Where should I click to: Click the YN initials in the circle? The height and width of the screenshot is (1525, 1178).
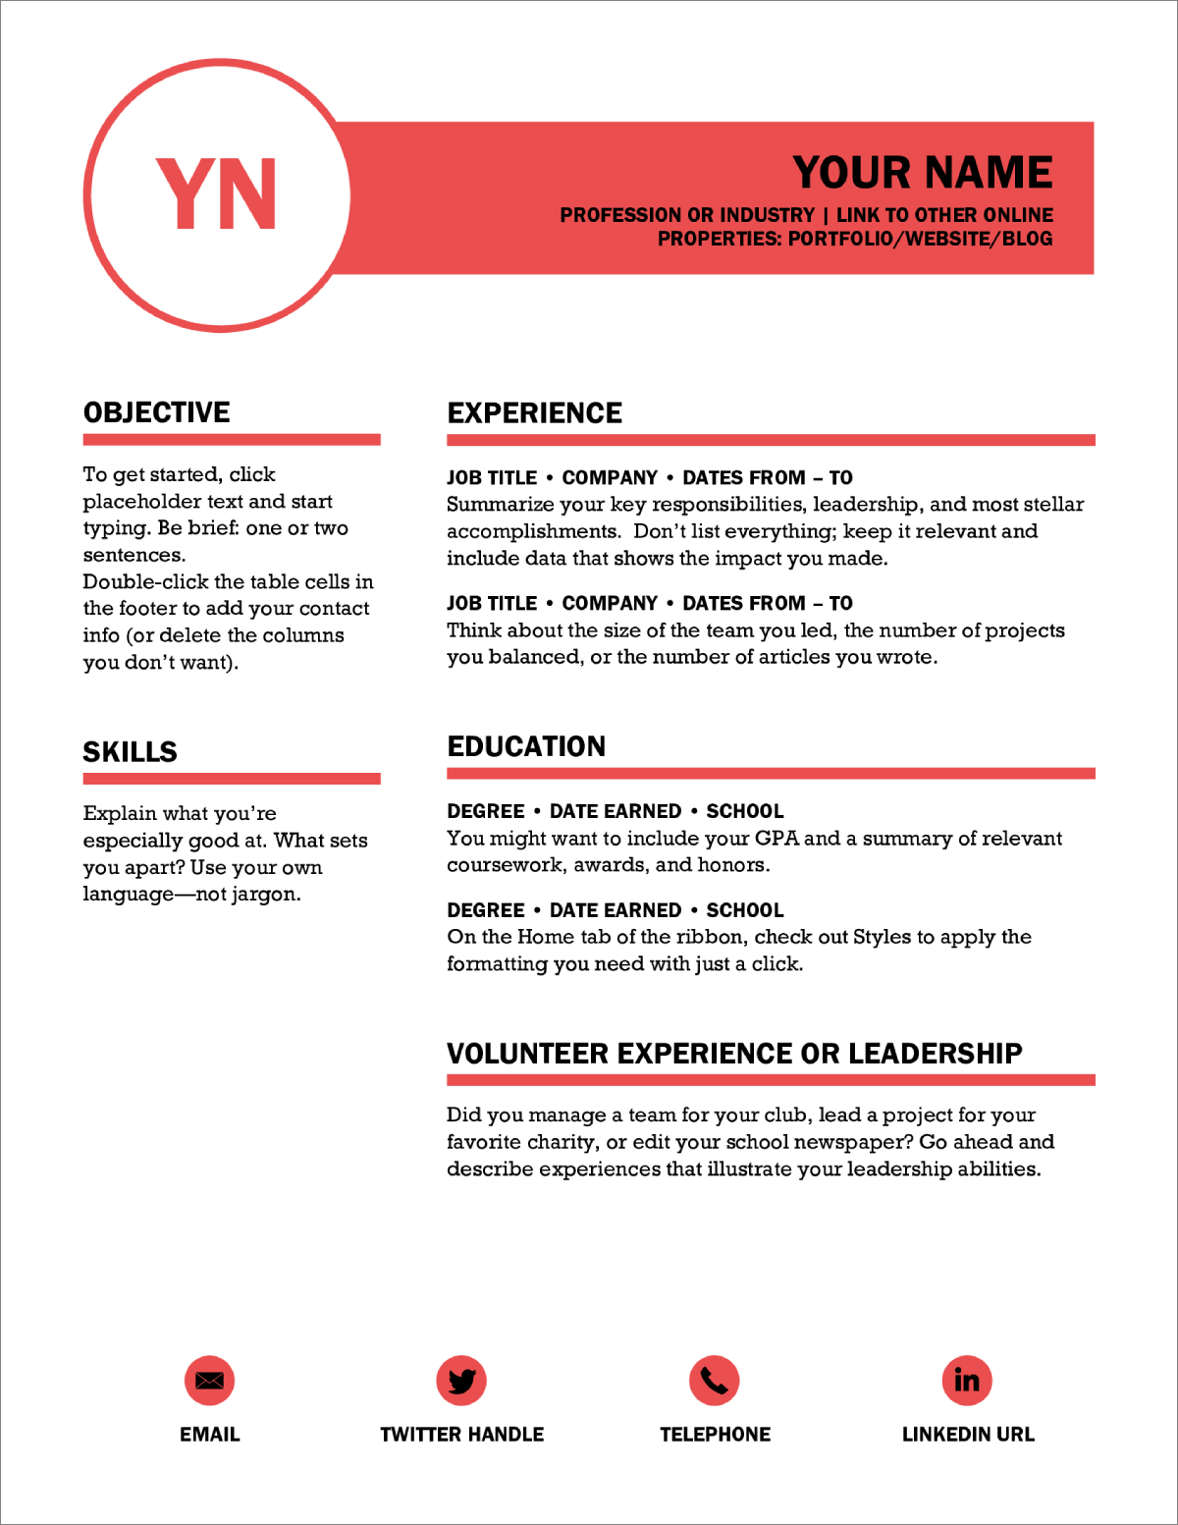217,194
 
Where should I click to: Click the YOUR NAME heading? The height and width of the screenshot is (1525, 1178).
922,173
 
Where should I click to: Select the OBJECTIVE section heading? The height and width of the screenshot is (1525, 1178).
157,412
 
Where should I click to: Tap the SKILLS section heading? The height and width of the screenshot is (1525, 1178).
131,752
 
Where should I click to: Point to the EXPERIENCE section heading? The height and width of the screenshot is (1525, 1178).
535,413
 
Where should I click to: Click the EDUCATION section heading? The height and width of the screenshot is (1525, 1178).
526,746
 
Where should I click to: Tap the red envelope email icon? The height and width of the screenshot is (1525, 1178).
209,1381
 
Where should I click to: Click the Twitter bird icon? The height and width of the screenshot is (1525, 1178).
461,1381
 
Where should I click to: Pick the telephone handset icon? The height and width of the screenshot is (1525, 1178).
714,1381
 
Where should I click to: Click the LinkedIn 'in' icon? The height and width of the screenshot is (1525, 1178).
967,1381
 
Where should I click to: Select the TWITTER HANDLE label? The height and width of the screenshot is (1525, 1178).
461,1435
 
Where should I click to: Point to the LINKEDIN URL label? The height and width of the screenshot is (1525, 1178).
968,1435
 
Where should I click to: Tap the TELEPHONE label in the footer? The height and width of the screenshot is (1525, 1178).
715,1435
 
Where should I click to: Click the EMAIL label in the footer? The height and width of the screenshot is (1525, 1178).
209,1435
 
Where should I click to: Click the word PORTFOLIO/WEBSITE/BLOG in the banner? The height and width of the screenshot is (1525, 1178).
920,239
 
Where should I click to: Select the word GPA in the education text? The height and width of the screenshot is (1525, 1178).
777,839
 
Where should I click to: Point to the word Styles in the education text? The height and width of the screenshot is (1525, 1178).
882,937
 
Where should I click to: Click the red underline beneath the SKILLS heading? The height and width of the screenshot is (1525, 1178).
232,779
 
